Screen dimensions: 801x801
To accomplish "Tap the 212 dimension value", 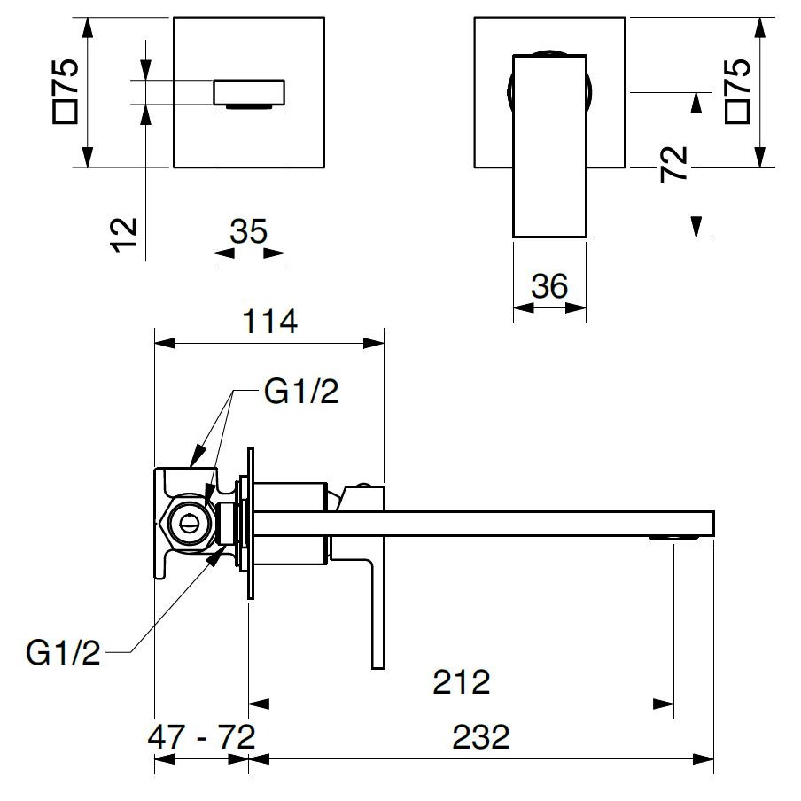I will [x=461, y=682].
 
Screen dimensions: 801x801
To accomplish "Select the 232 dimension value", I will [x=481, y=736].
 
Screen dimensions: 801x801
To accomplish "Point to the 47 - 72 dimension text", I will [x=203, y=736].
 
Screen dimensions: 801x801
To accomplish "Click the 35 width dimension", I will [x=248, y=232].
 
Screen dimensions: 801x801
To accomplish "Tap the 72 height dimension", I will [x=675, y=164].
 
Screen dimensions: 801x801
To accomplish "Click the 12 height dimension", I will [x=126, y=234].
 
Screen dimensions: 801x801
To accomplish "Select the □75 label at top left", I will [x=67, y=89].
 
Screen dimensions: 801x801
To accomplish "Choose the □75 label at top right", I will [x=737, y=89].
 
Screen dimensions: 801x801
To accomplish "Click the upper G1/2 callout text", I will [x=301, y=393].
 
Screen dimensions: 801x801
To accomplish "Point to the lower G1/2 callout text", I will [x=64, y=655].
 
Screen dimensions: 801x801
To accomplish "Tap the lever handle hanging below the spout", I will [x=377, y=611].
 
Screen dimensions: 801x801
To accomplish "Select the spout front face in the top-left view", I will [x=249, y=92].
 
